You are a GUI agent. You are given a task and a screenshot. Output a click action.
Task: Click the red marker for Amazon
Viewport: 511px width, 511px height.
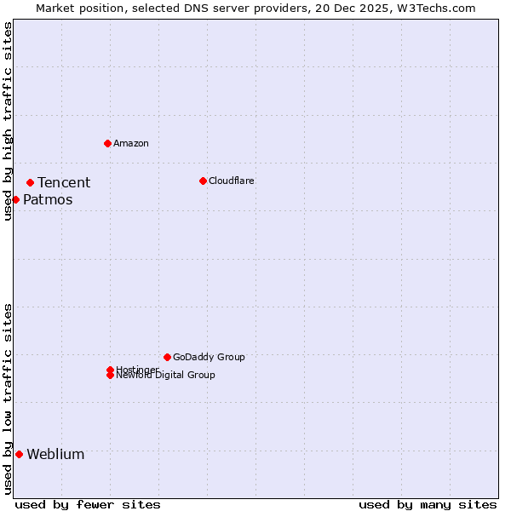pyautogui.click(x=107, y=143)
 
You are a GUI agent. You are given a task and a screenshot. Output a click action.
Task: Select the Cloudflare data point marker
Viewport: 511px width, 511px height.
pyautogui.click(x=203, y=181)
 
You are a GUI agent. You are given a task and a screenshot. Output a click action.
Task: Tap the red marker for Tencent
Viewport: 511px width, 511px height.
pyautogui.click(x=30, y=182)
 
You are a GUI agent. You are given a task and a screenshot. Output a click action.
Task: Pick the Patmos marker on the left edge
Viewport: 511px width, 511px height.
pyautogui.click(x=15, y=199)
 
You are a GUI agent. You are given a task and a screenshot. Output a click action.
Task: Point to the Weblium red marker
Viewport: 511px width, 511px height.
pyautogui.click(x=19, y=454)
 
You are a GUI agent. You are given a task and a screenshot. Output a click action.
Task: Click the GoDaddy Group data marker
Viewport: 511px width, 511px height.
pyautogui.click(x=167, y=357)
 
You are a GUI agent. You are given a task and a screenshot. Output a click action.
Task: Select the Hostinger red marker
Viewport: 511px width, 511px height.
pyautogui.click(x=110, y=370)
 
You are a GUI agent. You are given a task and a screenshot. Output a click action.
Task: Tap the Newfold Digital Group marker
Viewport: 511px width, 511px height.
pyautogui.click(x=110, y=376)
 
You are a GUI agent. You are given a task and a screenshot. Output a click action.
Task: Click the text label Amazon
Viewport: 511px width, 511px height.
pyautogui.click(x=131, y=143)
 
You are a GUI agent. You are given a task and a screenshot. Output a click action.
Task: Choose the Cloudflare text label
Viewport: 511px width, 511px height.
pyautogui.click(x=231, y=181)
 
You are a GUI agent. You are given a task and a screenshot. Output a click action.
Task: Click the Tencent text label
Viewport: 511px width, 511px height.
pyautogui.click(x=64, y=182)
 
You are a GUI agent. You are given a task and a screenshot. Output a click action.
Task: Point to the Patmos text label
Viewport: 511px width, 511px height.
pyautogui.click(x=48, y=200)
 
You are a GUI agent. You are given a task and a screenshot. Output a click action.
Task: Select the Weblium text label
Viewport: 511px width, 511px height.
pyautogui.click(x=55, y=454)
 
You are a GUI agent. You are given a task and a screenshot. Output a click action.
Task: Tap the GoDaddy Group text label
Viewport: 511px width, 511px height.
pyautogui.click(x=209, y=357)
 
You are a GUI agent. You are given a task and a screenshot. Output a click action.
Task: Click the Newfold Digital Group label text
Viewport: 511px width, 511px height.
pyautogui.click(x=166, y=376)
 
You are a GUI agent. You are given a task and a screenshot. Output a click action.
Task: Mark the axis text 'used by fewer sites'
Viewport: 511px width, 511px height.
pyautogui.click(x=88, y=504)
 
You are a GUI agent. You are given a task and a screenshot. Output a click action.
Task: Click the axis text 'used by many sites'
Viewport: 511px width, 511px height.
pyautogui.click(x=428, y=504)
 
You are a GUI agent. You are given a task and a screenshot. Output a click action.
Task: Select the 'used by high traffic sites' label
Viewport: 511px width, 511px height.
pyautogui.click(x=8, y=121)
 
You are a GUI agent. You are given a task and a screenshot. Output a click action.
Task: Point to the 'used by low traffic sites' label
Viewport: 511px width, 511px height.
pyautogui.click(x=8, y=399)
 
